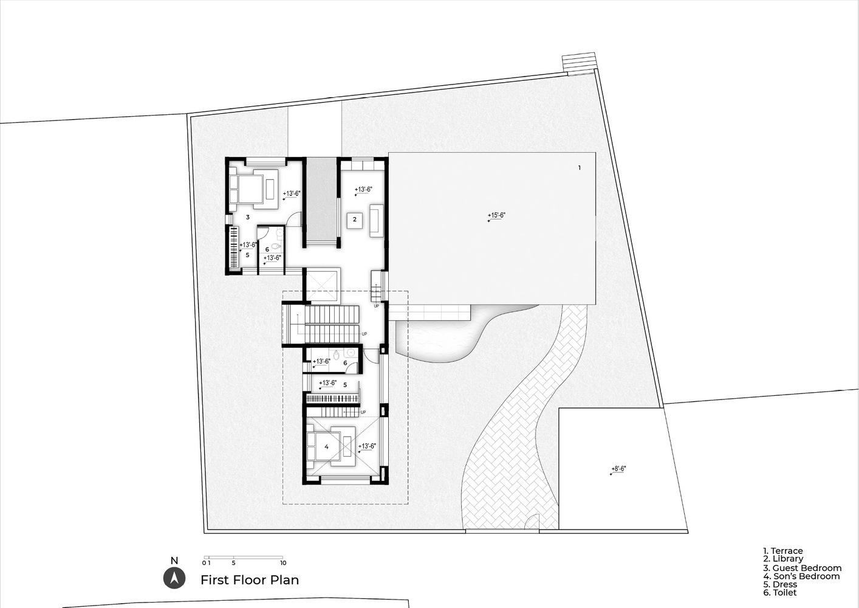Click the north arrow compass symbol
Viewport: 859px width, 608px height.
point(174,578)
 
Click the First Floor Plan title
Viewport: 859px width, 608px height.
point(250,579)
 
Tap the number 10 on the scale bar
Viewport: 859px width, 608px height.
point(283,563)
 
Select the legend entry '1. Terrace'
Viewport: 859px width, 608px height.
point(782,551)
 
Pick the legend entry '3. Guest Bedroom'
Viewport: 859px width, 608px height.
point(803,568)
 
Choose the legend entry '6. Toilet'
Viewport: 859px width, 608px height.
point(779,593)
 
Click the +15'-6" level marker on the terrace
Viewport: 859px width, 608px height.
point(496,216)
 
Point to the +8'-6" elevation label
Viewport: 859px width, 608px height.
point(618,469)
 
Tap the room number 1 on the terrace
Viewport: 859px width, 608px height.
point(580,168)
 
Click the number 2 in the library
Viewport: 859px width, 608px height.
point(355,219)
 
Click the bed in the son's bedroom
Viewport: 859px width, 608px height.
point(324,446)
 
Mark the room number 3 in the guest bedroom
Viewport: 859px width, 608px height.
point(248,217)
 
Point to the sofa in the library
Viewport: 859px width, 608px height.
point(376,221)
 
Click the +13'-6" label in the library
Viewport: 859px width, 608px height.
point(363,190)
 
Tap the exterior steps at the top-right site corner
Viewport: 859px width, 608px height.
point(579,62)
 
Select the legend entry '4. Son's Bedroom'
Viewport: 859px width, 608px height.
point(801,576)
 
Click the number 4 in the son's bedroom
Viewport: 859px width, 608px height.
point(327,447)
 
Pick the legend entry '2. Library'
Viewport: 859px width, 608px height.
point(782,559)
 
